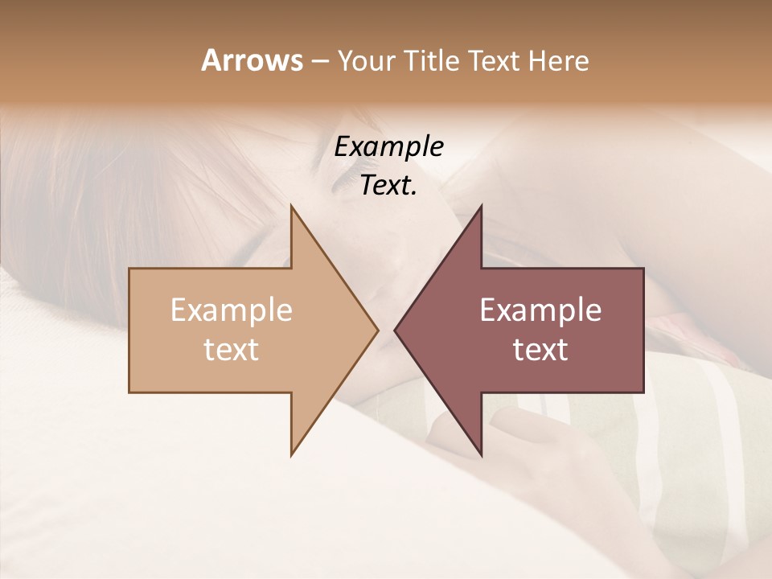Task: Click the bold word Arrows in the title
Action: pos(252,60)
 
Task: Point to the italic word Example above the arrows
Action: pos(388,147)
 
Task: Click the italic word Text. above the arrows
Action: pos(388,186)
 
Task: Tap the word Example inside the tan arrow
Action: pos(231,310)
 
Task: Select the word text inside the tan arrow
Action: pos(231,350)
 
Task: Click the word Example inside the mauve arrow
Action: pos(540,310)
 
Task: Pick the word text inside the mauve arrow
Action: pos(540,350)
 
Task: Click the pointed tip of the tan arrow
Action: pos(376,330)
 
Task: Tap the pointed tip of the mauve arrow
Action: pos(396,330)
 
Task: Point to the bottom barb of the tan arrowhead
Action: pos(292,453)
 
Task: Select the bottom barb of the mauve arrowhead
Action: pos(481,453)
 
